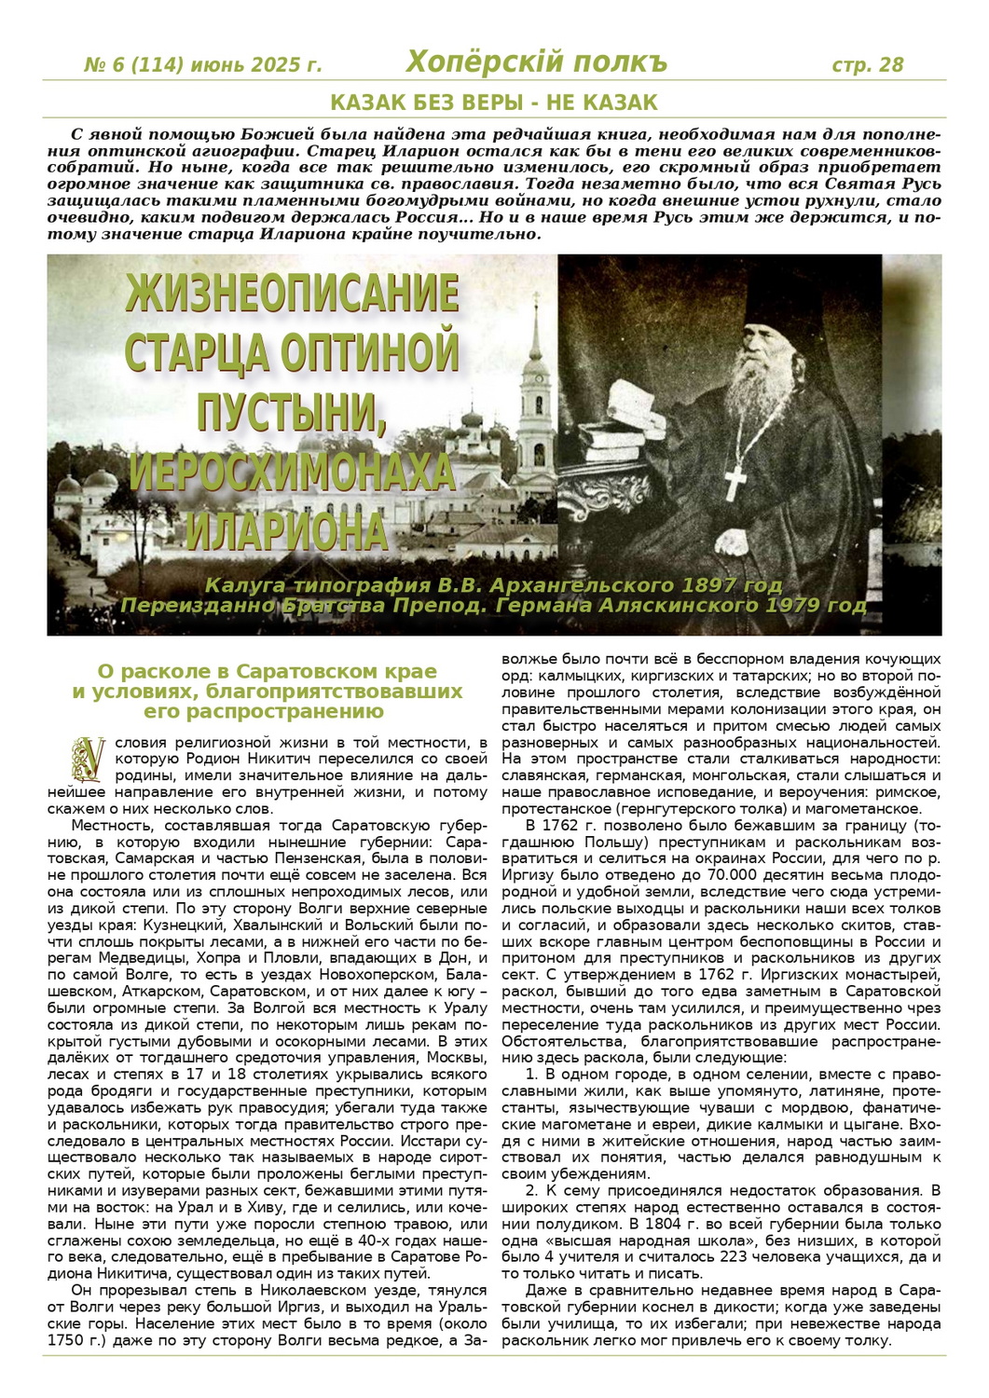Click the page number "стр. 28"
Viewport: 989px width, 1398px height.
pyautogui.click(x=867, y=64)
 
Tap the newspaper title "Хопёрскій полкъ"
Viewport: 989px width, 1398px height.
pyautogui.click(x=536, y=62)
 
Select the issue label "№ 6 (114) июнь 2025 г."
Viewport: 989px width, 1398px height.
pyautogui.click(x=202, y=65)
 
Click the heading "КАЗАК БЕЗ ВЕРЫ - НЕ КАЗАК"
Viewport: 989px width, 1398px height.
pyautogui.click(x=494, y=103)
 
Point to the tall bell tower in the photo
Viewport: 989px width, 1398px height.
pyautogui.click(x=535, y=391)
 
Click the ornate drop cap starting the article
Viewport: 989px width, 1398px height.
pyautogui.click(x=90, y=760)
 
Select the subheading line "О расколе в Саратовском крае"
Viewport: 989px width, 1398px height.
pyautogui.click(x=268, y=670)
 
